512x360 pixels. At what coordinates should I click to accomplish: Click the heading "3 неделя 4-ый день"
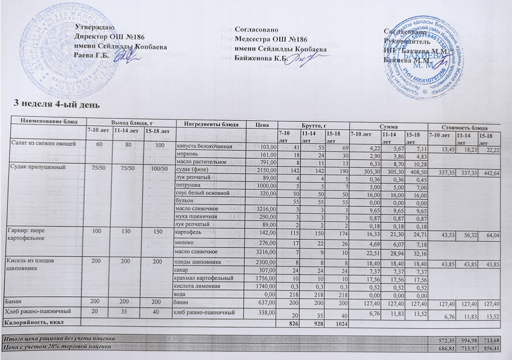click(x=57, y=102)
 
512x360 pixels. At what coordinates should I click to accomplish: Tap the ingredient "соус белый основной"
click(x=202, y=193)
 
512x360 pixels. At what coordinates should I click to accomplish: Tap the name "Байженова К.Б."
click(x=260, y=58)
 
